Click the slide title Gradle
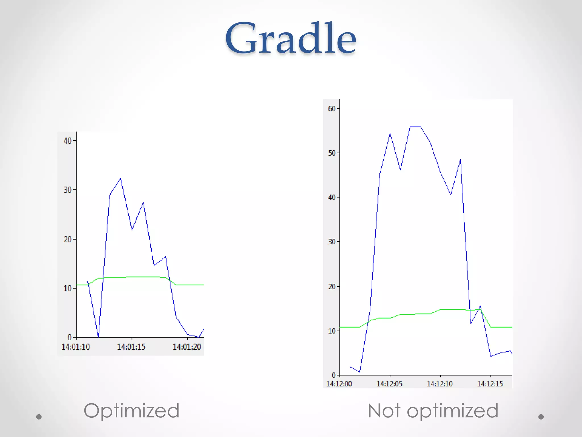(x=290, y=38)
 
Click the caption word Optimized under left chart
(x=131, y=411)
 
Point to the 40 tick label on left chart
(x=68, y=141)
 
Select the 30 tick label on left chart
(x=68, y=190)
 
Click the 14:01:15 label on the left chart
(x=131, y=347)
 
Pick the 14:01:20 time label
(x=187, y=347)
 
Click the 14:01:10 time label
(x=75, y=347)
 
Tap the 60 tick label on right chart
(x=332, y=109)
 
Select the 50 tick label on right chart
(x=332, y=153)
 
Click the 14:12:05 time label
(x=389, y=384)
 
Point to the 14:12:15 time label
(x=490, y=384)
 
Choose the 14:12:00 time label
(x=339, y=384)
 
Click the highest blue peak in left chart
(x=120, y=179)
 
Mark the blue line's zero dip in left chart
(x=98, y=336)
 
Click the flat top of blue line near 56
(x=415, y=127)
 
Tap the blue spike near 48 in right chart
(x=460, y=160)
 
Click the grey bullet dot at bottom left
(x=39, y=417)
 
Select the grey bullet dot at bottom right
(x=541, y=417)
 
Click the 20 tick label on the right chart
(x=332, y=286)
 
